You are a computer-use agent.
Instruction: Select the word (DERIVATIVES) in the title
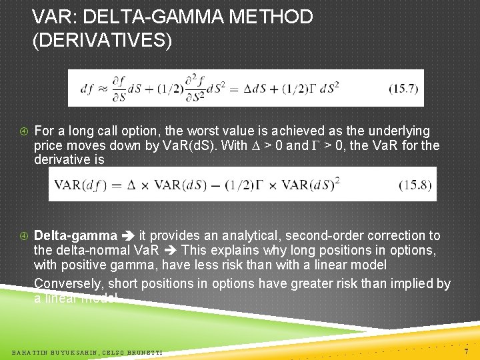point(102,41)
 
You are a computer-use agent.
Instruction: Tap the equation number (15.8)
point(413,184)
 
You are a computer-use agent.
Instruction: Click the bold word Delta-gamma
point(75,235)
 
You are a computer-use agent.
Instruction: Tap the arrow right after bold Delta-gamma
point(128,236)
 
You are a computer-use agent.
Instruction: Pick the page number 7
point(466,351)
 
